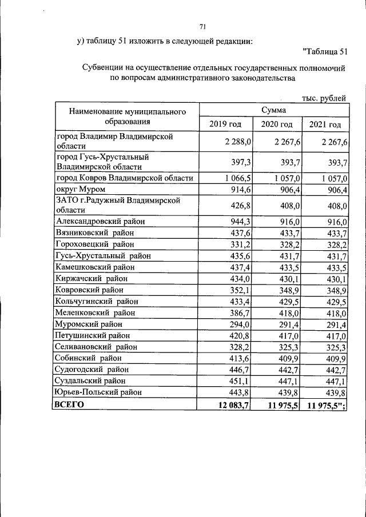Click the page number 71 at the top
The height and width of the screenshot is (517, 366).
coord(202,27)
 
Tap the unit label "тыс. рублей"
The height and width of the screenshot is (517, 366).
coord(324,98)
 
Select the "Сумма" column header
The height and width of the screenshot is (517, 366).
coord(273,110)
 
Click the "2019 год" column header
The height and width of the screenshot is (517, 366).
coord(225,125)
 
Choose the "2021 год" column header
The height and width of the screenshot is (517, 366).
coord(325,125)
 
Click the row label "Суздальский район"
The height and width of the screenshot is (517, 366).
coord(90,380)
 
